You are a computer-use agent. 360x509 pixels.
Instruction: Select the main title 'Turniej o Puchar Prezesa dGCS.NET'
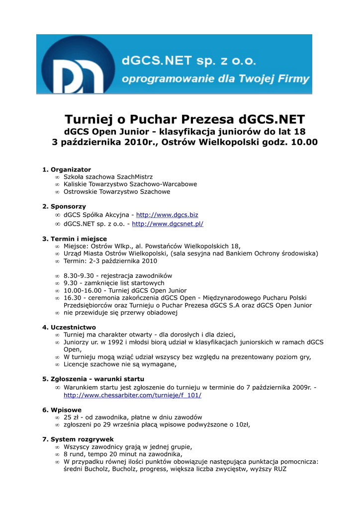pos(184,120)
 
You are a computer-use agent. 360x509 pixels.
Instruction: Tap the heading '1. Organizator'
pos(67,170)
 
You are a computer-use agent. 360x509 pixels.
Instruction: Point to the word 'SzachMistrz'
pos(135,177)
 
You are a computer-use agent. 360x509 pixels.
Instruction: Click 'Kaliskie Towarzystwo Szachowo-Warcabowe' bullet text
pos(130,184)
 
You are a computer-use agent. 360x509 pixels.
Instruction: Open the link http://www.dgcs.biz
pos(167,215)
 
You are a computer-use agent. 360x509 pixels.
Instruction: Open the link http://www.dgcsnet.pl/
pos(168,224)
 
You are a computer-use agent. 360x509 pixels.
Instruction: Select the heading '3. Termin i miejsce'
pos(75,239)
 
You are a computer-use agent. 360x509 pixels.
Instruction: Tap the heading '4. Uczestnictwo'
pos(69,327)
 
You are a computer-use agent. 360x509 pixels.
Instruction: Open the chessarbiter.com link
pos(132,395)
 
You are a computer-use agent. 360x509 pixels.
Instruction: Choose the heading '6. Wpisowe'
pos(62,410)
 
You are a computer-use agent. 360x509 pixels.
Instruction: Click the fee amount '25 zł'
pos(71,418)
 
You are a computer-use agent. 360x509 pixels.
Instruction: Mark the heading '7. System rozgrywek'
pos(78,439)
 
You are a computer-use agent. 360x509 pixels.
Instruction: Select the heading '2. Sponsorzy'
pos(64,206)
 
